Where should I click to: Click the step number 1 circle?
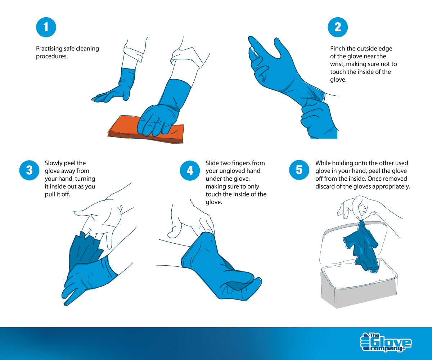tap(46, 27)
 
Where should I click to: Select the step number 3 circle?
tap(29, 170)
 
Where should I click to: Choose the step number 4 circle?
tap(190, 170)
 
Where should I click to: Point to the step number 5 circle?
tap(299, 170)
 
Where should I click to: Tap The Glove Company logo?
tap(386, 342)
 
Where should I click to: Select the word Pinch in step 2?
tap(338, 49)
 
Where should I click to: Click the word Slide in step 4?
tap(212, 163)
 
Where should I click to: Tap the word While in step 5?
tap(323, 163)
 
